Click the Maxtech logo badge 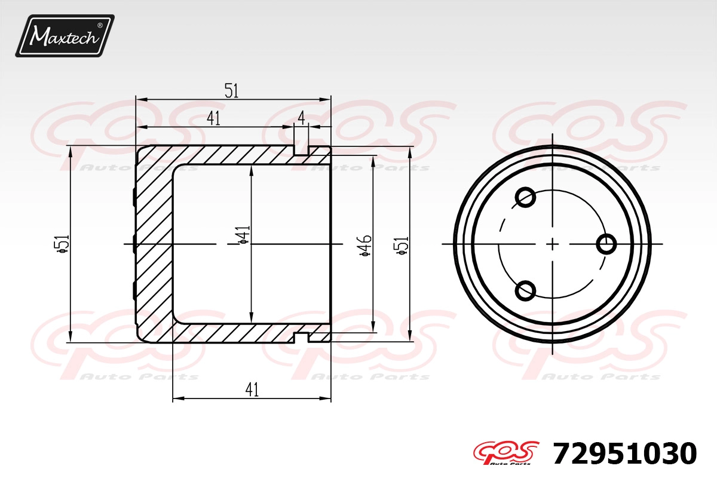(x=65, y=36)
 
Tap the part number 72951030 (x=624, y=454)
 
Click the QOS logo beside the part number (x=505, y=453)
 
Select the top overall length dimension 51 (x=232, y=91)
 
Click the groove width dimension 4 (x=301, y=118)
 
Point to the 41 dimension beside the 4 (x=213, y=118)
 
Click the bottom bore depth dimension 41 (x=252, y=390)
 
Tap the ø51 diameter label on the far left (x=62, y=244)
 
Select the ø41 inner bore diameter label (x=243, y=235)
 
